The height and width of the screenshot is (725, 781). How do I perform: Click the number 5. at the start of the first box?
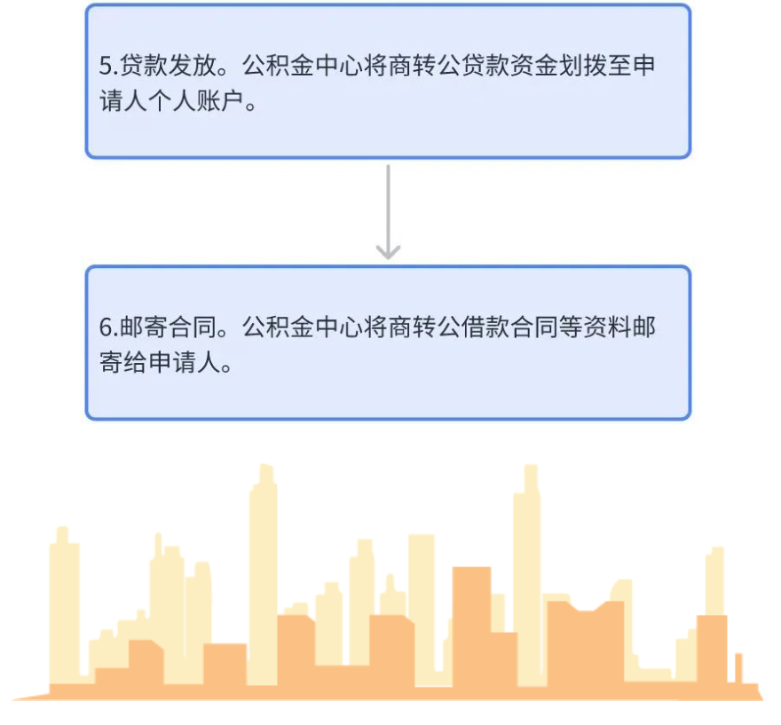click(x=108, y=66)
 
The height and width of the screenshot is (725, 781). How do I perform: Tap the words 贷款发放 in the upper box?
click(x=169, y=66)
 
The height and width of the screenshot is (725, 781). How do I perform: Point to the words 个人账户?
click(x=196, y=101)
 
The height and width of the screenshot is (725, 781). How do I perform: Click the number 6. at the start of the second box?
click(x=108, y=327)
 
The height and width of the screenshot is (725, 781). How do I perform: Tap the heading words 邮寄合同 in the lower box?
click(x=169, y=327)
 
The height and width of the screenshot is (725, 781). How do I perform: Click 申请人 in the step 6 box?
click(x=185, y=362)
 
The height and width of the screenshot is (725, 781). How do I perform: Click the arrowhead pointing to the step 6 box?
click(x=388, y=251)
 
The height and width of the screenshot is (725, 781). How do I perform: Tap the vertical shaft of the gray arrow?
click(x=388, y=209)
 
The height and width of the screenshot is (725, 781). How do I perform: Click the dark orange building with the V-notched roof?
click(x=586, y=642)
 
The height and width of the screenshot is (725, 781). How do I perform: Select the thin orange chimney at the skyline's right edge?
click(x=738, y=668)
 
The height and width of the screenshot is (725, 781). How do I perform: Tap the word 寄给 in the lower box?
click(x=123, y=362)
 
